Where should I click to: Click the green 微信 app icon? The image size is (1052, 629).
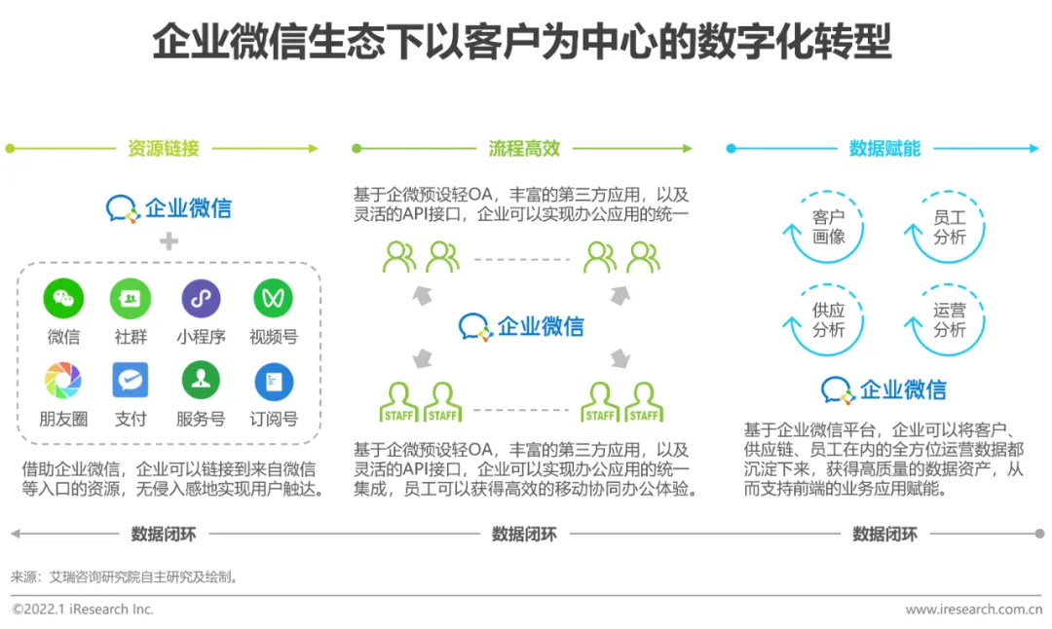point(63,298)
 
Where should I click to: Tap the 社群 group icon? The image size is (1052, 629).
point(131,298)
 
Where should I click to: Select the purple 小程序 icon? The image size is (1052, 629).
point(201,298)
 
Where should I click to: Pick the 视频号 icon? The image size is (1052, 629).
point(273,298)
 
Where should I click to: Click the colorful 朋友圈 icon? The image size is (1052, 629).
point(63,380)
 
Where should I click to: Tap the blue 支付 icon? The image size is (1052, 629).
point(131,380)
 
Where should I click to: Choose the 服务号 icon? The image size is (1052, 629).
point(201,380)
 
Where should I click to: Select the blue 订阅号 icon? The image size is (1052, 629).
point(273,382)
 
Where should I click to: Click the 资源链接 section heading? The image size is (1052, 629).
point(164,149)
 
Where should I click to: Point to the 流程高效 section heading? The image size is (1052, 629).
point(524,149)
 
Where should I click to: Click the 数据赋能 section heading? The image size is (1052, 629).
point(884,149)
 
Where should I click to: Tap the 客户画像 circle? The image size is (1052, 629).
point(828,227)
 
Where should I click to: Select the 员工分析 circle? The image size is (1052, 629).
point(949,227)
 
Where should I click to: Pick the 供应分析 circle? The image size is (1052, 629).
point(828,319)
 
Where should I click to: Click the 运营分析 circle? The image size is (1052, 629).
point(949,319)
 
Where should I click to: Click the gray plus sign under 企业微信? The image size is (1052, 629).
point(169,240)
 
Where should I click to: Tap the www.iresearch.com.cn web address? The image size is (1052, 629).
point(973,610)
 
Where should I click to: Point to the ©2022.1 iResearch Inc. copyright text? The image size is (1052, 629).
point(83,610)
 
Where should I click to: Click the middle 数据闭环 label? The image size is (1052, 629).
point(524,534)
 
